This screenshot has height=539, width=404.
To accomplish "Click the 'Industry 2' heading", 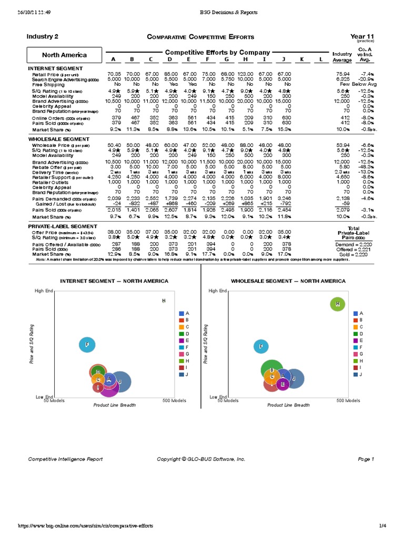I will [43, 36].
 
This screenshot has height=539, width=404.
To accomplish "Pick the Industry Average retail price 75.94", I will [342, 74].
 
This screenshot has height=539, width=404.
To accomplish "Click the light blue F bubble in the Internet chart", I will [87, 345].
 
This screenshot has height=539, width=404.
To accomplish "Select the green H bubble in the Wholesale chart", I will [338, 304].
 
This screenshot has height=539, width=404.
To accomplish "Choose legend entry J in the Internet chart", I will [184, 374].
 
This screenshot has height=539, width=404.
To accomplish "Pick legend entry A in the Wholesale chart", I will [358, 313].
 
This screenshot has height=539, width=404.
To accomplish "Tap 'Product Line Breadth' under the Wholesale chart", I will [288, 405].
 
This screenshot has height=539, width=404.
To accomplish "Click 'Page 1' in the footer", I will [365, 459].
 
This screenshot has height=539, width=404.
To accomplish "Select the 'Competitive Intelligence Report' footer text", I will [65, 459].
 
